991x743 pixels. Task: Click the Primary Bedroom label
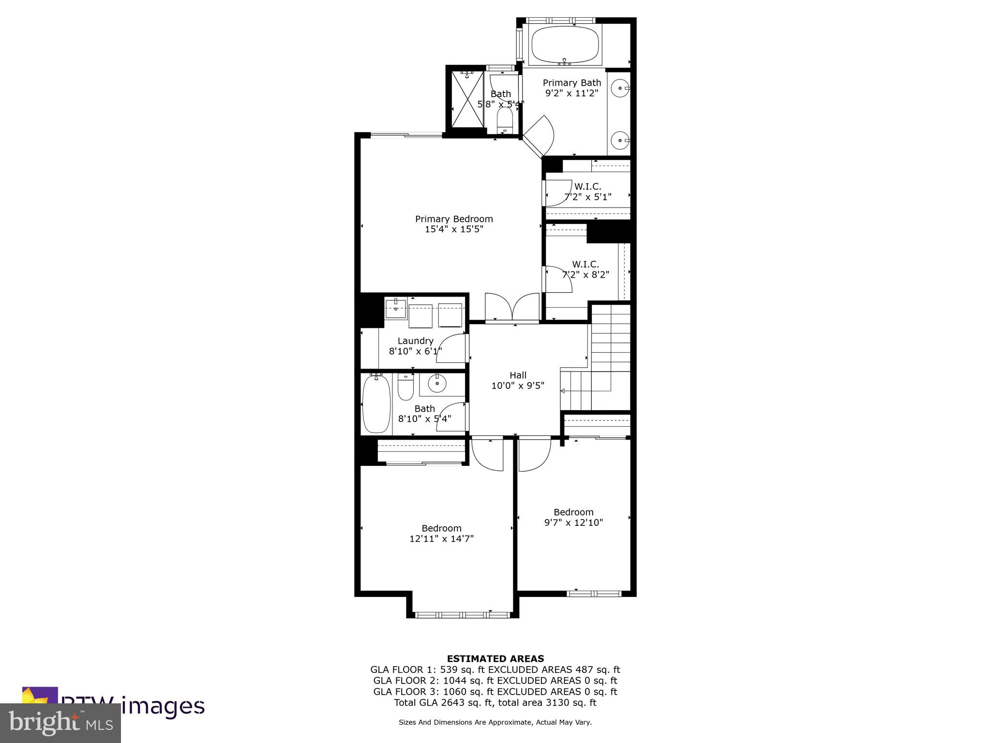coord(454,219)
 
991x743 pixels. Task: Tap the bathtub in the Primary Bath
coord(565,44)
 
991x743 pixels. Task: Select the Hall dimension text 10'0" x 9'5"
coord(518,386)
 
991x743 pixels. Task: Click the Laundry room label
coord(415,341)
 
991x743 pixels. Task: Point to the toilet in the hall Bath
coord(405,387)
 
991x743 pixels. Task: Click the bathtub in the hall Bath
coord(376,404)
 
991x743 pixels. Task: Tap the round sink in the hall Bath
coord(437,384)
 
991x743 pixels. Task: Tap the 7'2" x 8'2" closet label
coord(586,275)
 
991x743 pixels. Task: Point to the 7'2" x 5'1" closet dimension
coord(588,197)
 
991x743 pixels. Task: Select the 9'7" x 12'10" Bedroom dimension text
coord(573,522)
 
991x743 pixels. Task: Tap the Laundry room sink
coord(396,308)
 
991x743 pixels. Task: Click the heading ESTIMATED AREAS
coord(495,658)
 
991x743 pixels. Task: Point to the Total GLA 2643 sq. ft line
coord(495,702)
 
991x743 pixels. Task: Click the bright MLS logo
coord(60,723)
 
